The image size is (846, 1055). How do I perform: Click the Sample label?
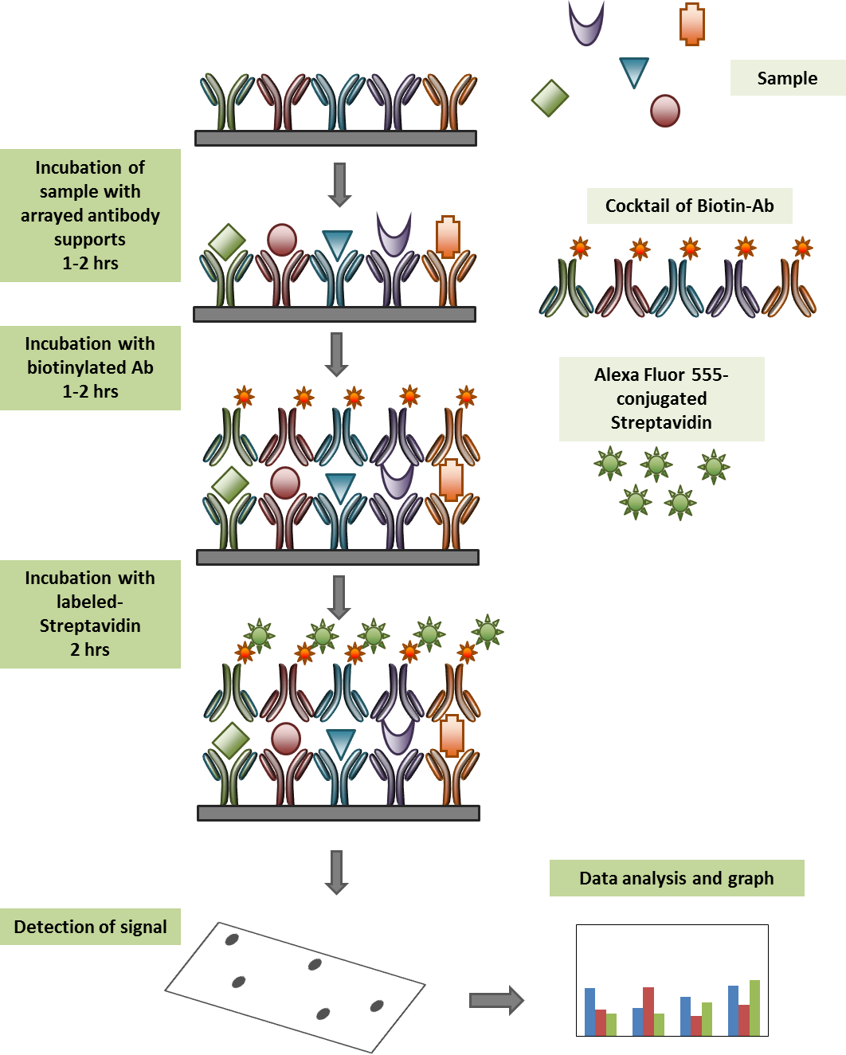click(787, 78)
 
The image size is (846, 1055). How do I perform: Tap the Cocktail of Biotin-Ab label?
click(689, 206)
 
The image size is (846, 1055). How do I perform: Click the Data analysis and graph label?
click(676, 878)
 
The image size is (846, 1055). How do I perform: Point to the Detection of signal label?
click(90, 927)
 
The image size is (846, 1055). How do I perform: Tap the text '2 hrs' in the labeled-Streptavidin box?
click(90, 649)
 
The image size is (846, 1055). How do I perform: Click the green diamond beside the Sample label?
click(550, 98)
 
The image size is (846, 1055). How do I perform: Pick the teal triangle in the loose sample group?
click(634, 71)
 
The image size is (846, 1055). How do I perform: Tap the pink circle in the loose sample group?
click(665, 111)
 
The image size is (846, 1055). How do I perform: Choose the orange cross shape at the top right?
click(692, 24)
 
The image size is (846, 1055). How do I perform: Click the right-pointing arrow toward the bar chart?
click(496, 1000)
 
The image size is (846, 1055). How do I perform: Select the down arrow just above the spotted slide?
click(337, 872)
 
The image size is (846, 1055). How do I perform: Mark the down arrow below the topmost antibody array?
click(340, 184)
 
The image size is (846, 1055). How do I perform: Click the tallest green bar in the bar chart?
click(754, 1007)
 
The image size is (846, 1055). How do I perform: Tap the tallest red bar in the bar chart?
click(648, 1011)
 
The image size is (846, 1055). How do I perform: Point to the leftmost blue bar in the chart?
click(590, 1011)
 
